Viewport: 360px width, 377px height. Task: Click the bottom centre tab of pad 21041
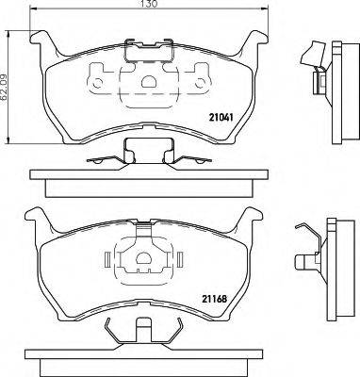click(143, 148)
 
